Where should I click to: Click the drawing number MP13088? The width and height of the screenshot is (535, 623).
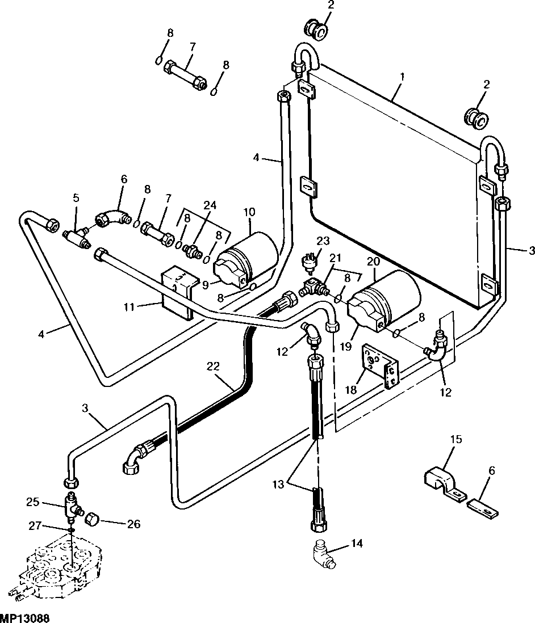click(25, 618)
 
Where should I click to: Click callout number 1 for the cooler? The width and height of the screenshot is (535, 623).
click(402, 77)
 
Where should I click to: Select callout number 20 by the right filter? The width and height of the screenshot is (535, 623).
click(374, 262)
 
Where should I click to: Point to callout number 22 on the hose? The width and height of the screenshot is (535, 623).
click(213, 365)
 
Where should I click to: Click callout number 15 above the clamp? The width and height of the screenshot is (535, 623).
click(456, 439)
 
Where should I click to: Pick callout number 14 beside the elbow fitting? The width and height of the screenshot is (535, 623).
click(357, 543)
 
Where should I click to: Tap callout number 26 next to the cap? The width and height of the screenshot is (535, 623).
click(133, 524)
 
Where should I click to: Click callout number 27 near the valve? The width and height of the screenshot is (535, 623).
click(35, 525)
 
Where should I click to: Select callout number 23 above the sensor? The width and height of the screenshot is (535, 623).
click(323, 241)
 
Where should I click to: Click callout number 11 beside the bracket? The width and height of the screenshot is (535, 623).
click(129, 307)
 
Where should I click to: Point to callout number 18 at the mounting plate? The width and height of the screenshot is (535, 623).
click(350, 390)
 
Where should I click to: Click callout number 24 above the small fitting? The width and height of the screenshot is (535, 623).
click(210, 205)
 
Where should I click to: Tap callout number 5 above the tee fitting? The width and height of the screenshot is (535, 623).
click(76, 197)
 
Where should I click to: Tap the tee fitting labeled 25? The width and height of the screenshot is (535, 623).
click(72, 507)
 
